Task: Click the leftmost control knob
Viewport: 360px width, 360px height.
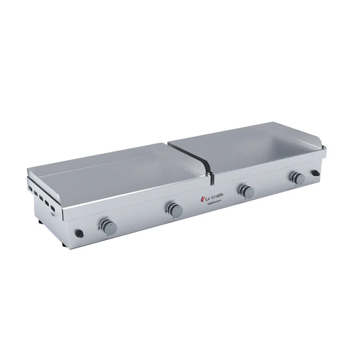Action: (x=107, y=226)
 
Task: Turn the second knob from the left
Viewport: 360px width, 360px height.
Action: (x=173, y=209)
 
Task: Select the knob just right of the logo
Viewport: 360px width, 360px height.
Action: (x=246, y=191)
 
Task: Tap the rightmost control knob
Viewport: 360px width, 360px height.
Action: (x=297, y=178)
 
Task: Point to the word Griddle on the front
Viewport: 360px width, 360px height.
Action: (x=218, y=196)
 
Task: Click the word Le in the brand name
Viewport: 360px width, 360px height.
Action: (x=208, y=198)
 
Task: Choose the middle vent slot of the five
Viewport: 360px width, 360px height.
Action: (x=43, y=198)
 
